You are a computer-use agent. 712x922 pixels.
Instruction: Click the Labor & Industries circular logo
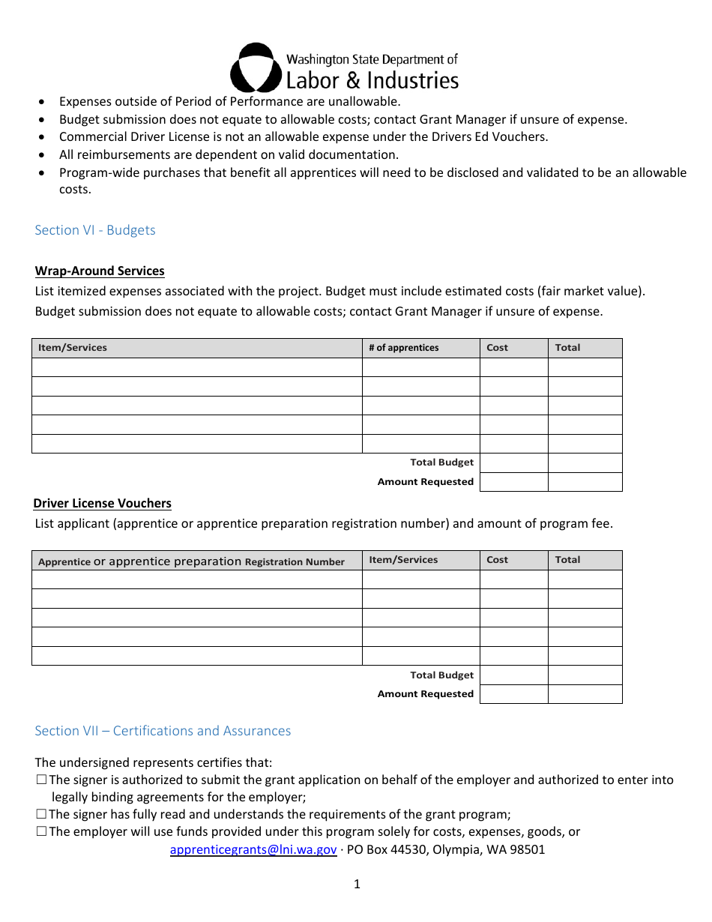[x=256, y=67]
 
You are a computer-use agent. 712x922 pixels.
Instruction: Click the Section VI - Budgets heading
[x=95, y=230]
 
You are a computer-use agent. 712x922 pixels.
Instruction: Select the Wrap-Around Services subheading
[x=100, y=271]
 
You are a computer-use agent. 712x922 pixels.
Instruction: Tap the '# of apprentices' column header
[x=403, y=348]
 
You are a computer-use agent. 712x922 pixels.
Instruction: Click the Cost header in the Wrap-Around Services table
[x=497, y=348]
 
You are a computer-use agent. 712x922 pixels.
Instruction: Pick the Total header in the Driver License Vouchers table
[x=567, y=560]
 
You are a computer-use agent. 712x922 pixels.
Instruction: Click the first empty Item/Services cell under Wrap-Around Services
[x=196, y=367]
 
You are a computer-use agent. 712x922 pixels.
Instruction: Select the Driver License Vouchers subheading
[x=102, y=504]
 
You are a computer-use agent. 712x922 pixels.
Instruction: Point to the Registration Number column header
[x=191, y=561]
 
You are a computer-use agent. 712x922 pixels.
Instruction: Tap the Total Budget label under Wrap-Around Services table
[x=441, y=462]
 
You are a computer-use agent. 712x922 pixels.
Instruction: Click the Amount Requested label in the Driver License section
[x=425, y=694]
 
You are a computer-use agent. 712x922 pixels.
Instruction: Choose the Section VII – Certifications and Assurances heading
[x=163, y=731]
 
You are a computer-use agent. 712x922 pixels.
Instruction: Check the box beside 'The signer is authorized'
[x=41, y=780]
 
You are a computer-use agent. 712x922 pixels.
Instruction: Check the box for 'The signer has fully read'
[x=41, y=815]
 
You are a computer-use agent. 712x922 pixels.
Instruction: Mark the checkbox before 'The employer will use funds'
[x=41, y=832]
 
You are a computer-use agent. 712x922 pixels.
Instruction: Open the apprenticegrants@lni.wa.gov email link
[x=253, y=850]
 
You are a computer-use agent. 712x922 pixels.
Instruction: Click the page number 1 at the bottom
[x=357, y=885]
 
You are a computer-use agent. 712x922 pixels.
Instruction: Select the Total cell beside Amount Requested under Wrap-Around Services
[x=585, y=482]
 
